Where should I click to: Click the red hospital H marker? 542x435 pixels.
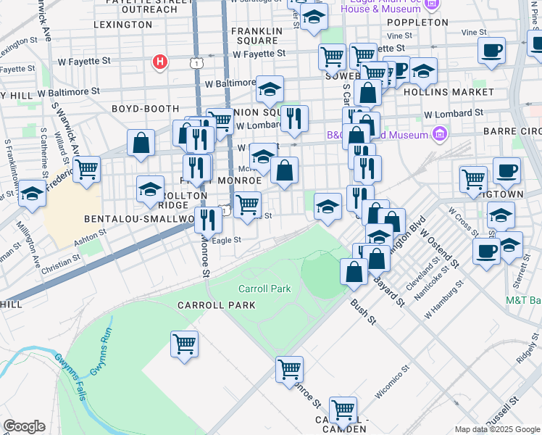pyautogui.click(x=161, y=62)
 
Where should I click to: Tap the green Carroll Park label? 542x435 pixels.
pyautogui.click(x=264, y=289)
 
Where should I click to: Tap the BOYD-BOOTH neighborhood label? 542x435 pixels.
pyautogui.click(x=141, y=109)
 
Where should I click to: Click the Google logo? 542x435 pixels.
pyautogui.click(x=24, y=426)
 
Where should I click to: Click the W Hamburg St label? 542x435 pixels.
pyautogui.click(x=443, y=306)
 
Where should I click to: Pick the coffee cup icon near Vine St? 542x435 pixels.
pyautogui.click(x=492, y=51)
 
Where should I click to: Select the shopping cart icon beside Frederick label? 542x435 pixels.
pyautogui.click(x=86, y=170)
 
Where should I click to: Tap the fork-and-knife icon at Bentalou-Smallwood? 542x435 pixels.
pyautogui.click(x=208, y=218)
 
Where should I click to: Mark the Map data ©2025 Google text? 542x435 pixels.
pyautogui.click(x=497, y=429)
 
